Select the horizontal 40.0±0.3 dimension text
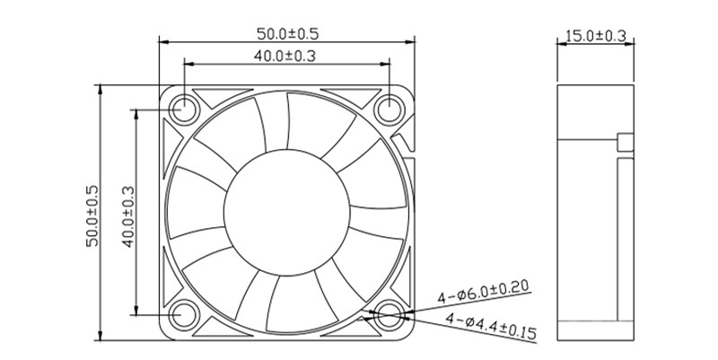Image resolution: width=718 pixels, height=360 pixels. click(x=288, y=56)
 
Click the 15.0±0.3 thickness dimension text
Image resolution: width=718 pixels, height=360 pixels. click(x=595, y=37)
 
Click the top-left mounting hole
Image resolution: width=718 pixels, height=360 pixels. click(x=185, y=110)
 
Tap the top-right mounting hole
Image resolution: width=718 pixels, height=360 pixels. click(x=390, y=110)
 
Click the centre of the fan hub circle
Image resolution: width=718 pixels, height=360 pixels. click(x=287, y=213)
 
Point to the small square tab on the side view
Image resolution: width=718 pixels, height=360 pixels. click(x=625, y=142)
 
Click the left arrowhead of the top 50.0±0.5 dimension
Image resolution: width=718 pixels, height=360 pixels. click(x=162, y=40)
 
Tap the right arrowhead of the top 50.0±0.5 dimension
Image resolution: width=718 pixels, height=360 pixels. click(x=415, y=40)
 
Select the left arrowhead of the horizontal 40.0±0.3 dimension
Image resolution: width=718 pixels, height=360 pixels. click(x=188, y=63)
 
